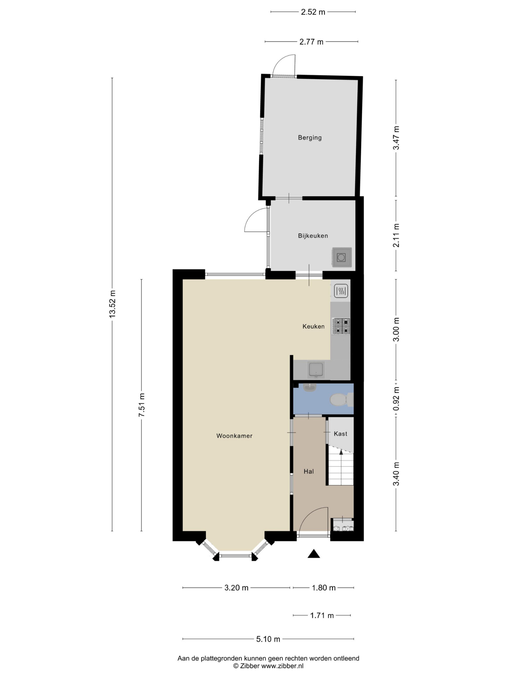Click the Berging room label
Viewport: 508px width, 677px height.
(310, 138)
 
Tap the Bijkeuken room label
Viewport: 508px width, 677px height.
(313, 236)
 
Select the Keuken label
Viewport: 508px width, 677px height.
(313, 326)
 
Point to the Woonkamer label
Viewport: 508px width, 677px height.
(234, 436)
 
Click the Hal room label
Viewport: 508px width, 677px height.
(309, 471)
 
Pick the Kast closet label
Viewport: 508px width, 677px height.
(341, 434)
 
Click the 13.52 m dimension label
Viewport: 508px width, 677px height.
(112, 304)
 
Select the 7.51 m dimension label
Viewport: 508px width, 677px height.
(142, 405)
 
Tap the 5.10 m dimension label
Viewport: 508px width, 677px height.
(268, 639)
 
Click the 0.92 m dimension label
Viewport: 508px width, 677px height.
(396, 399)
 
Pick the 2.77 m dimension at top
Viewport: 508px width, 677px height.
(311, 42)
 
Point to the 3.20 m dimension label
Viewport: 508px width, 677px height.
(236, 588)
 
